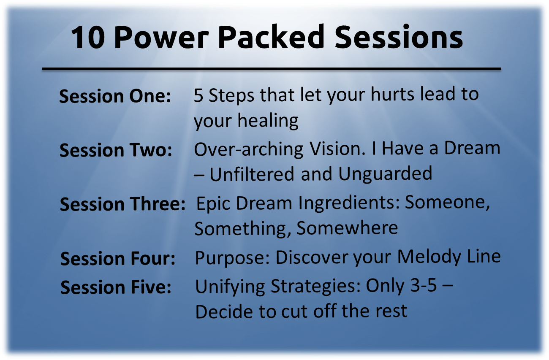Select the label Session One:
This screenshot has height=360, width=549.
[115, 96]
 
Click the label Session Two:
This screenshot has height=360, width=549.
[116, 150]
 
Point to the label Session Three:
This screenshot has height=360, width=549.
[122, 204]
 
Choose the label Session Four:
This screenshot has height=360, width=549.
[118, 259]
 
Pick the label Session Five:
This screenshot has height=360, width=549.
[116, 287]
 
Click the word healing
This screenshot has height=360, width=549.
[268, 121]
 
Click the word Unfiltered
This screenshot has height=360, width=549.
[252, 174]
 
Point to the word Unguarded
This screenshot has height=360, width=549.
[385, 174]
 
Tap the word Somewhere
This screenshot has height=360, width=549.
[347, 228]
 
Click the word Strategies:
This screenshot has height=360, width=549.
[316, 286]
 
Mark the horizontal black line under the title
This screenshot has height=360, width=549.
[271, 69]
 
